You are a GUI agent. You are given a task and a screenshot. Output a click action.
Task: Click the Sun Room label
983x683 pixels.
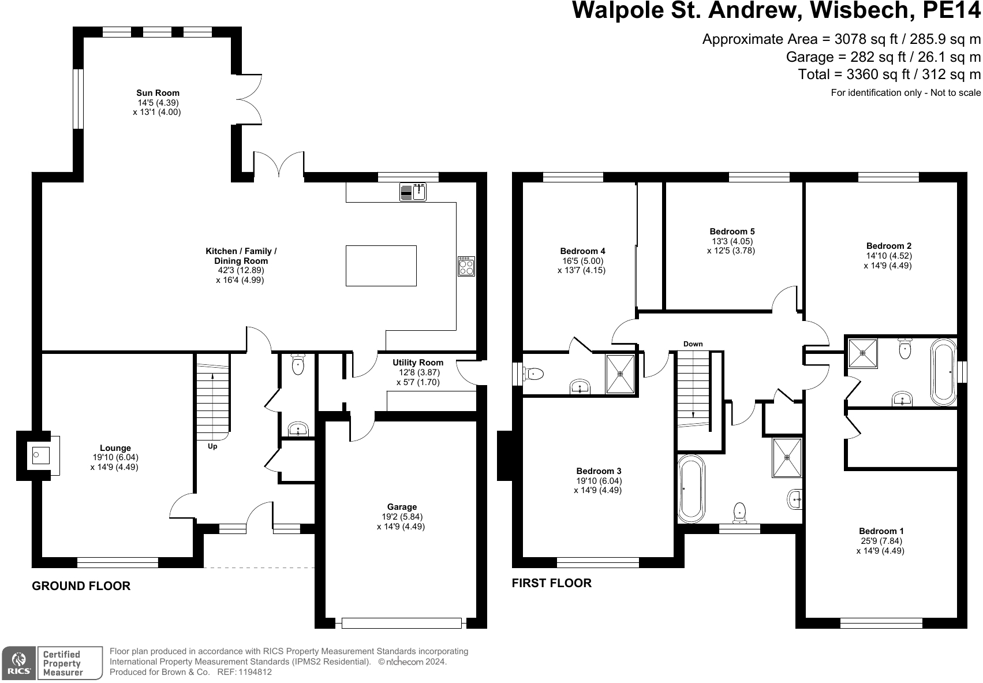pos(158,93)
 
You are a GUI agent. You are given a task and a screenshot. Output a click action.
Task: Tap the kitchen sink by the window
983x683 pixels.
pos(413,192)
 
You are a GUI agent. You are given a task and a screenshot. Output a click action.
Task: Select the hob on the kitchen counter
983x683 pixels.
pos(466,266)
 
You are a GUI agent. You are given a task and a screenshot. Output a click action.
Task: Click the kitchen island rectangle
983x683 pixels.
pos(381,266)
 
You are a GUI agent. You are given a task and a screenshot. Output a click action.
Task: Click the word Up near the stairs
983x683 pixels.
pos(212,446)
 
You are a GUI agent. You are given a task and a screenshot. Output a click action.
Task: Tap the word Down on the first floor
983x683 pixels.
pos(693,344)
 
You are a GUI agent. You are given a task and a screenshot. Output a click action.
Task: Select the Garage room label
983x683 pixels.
pos(402,507)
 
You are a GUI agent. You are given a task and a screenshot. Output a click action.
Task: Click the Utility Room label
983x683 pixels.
pos(418,363)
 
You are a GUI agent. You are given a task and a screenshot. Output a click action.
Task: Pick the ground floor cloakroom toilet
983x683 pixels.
pos(298,364)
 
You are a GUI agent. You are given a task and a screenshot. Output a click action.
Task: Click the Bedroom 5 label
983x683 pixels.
pos(732,232)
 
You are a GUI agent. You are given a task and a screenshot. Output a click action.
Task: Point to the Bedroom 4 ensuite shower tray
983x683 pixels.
pos(620,374)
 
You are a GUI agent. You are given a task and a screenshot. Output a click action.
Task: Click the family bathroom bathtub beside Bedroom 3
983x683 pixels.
pos(691,489)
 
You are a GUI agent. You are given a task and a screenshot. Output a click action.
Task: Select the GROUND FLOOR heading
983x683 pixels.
pos(81,586)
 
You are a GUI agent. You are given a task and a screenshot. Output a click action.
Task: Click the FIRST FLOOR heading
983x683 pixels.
pos(552,583)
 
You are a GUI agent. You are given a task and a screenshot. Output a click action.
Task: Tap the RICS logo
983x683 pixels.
pos(18,663)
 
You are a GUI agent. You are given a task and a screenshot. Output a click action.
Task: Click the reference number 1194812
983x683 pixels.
pos(255,672)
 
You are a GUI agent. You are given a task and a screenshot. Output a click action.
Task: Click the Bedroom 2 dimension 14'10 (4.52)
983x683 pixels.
pos(889,256)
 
